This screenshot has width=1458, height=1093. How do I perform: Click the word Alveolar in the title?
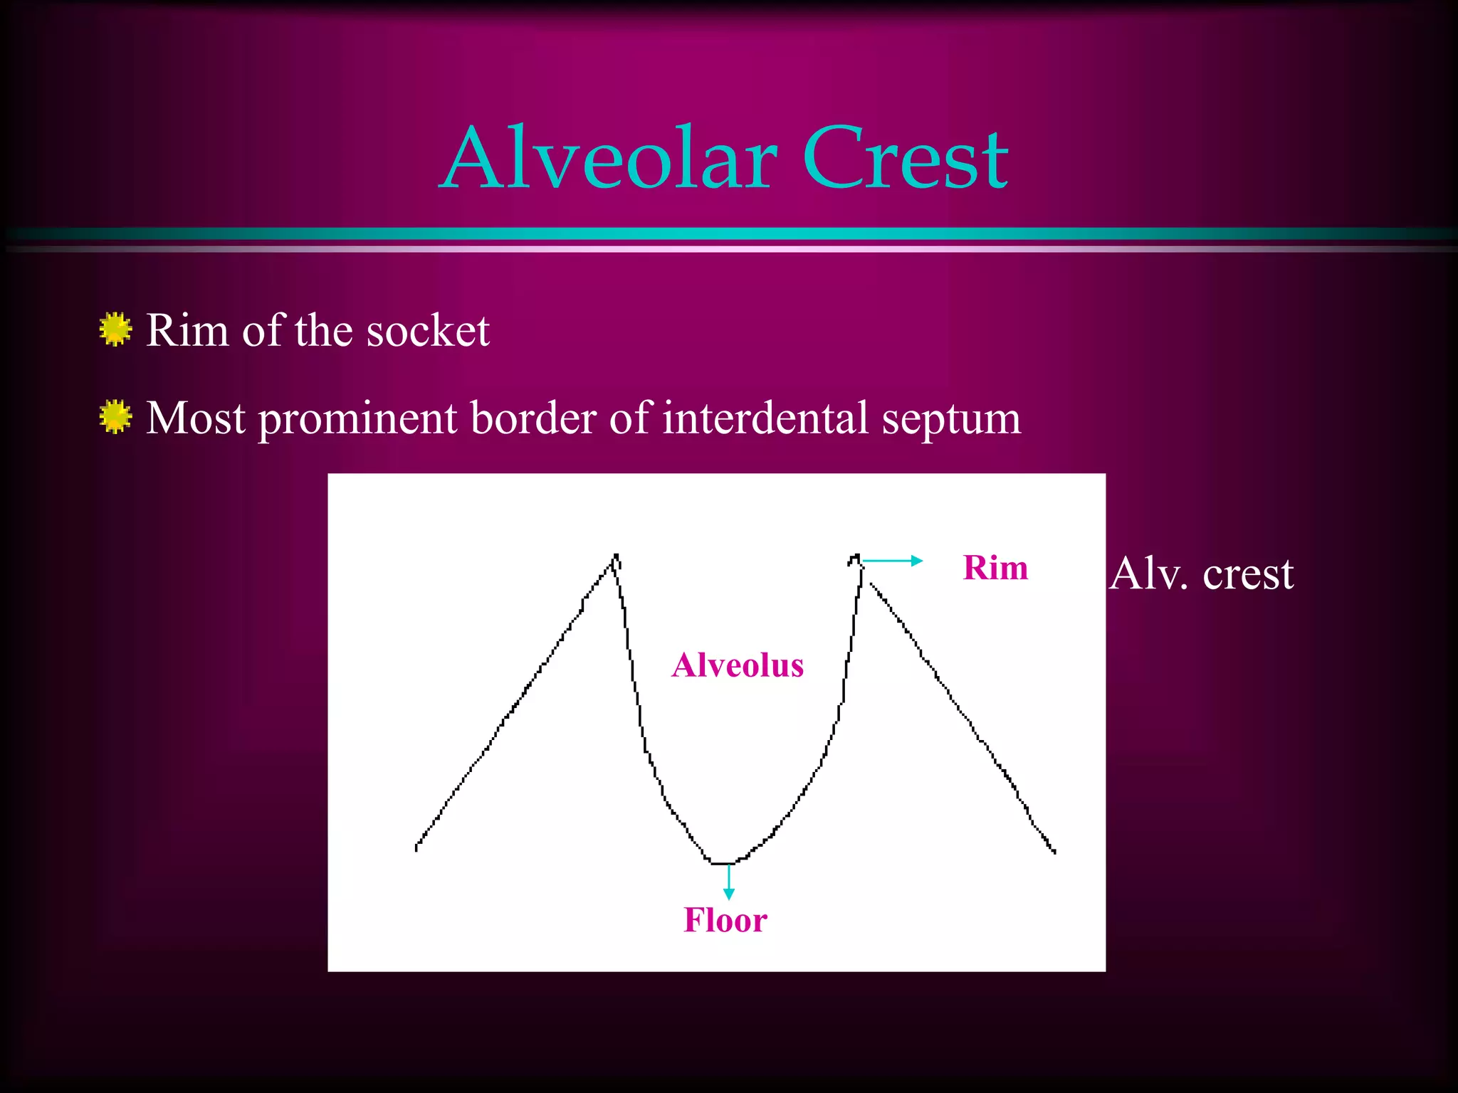[x=609, y=158]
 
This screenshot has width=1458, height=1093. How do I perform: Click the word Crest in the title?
[x=905, y=158]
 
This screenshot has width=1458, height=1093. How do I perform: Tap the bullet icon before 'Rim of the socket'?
[x=115, y=329]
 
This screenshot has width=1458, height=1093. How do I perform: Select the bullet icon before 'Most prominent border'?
[x=115, y=417]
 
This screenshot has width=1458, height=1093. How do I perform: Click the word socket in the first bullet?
[x=428, y=331]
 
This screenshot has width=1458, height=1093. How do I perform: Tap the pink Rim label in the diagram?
[x=995, y=568]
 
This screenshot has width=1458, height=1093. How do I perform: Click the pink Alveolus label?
[x=738, y=665]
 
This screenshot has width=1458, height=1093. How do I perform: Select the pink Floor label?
[x=725, y=920]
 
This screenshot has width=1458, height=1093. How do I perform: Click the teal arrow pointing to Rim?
[x=893, y=561]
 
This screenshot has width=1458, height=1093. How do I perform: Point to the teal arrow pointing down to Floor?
[x=728, y=882]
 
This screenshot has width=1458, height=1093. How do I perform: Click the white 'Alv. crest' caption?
[x=1201, y=574]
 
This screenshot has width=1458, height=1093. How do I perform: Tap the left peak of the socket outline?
[x=616, y=556]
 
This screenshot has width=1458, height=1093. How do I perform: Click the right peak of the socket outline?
[x=856, y=556]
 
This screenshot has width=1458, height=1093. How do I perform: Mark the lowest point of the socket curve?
[x=723, y=863]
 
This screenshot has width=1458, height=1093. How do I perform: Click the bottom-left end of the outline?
[x=416, y=848]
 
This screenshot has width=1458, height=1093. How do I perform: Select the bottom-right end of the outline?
[x=1054, y=851]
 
